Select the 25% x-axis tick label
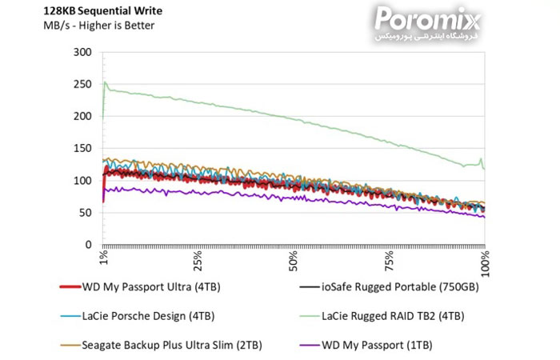[x=198, y=262]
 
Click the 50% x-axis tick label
[x=294, y=262]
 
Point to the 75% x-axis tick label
[x=390, y=262]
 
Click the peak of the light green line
[x=105, y=82]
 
